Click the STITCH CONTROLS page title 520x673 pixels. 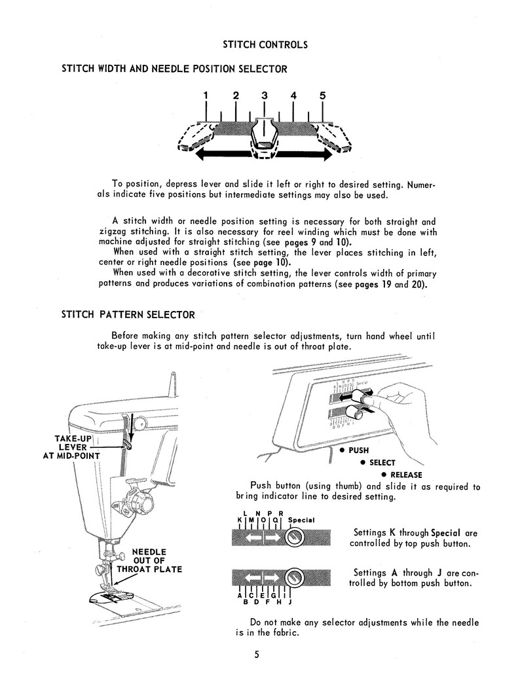click(x=265, y=45)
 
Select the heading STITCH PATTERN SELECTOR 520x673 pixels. click(x=128, y=314)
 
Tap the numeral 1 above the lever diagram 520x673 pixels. click(x=206, y=96)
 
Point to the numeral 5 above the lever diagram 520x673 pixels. click(x=322, y=96)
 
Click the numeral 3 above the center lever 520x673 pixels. click(x=264, y=96)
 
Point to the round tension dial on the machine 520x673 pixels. click(x=139, y=503)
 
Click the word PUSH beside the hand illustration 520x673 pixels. click(x=358, y=451)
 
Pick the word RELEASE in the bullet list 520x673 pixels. click(x=406, y=475)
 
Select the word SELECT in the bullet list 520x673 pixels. click(x=382, y=463)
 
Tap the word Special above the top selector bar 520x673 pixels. click(x=301, y=520)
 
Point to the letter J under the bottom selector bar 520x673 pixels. click(x=289, y=601)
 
